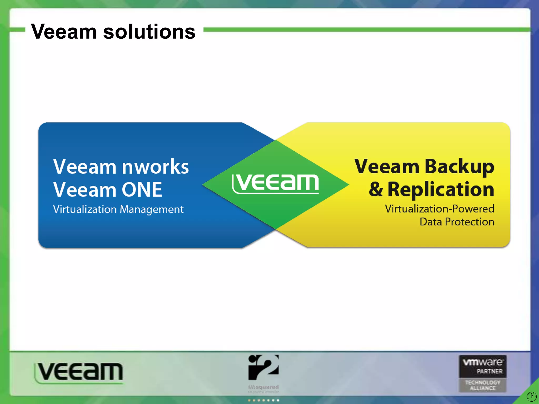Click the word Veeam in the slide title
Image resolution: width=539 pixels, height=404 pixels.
click(x=64, y=32)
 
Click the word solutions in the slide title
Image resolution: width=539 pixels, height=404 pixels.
click(x=149, y=32)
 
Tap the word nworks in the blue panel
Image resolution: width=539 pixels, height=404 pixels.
click(x=156, y=167)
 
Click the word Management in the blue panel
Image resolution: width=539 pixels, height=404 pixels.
click(x=152, y=210)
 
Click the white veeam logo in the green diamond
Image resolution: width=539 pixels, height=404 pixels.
click(x=275, y=183)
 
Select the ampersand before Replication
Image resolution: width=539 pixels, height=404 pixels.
click(x=376, y=189)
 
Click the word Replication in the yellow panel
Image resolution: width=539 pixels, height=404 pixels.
click(x=441, y=190)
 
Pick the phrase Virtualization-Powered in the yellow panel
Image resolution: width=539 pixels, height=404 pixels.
click(x=440, y=209)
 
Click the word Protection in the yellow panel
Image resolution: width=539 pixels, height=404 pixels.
click(x=469, y=222)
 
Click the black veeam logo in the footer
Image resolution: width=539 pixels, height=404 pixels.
click(x=79, y=372)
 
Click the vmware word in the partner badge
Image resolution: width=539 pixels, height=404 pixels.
click(x=483, y=362)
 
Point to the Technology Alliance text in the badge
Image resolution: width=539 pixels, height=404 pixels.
click(x=483, y=385)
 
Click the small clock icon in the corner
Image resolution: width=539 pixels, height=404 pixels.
click(x=531, y=396)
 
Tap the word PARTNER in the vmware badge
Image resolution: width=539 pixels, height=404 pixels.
click(x=489, y=371)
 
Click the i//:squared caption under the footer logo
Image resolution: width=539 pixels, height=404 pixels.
click(x=263, y=387)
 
